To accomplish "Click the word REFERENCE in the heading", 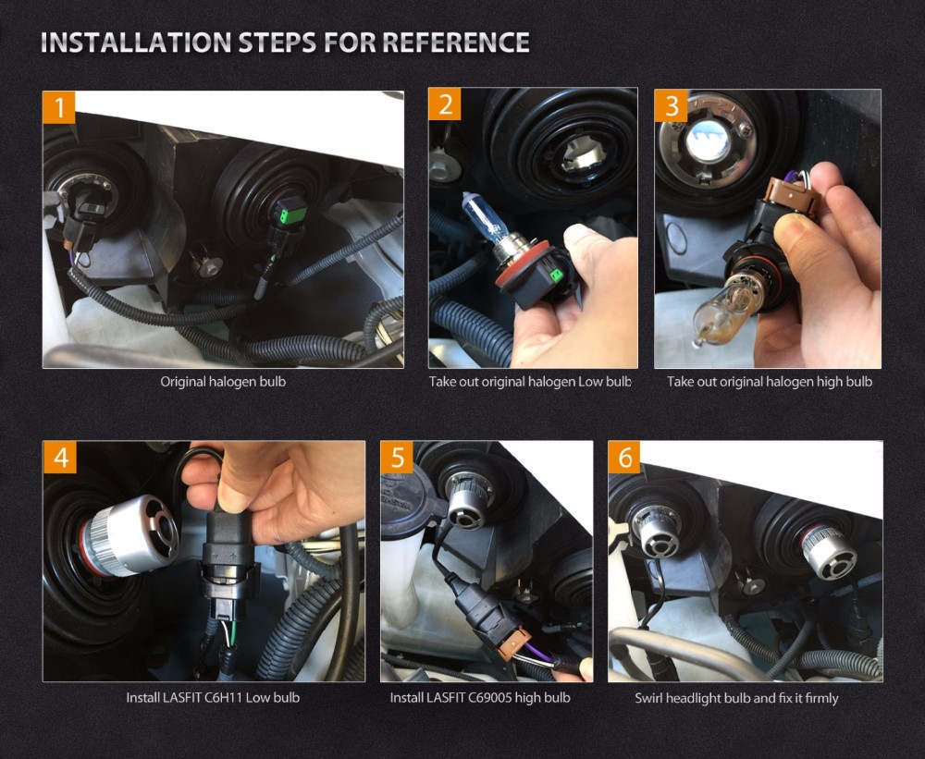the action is pos(456,43).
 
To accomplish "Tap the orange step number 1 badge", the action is pos(59,107).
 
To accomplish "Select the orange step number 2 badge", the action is pos(445,104).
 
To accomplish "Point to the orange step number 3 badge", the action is pos(672,105).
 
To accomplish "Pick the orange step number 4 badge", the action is pos(60,457).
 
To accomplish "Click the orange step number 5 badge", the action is pos(398,457).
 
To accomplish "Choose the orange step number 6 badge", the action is pos(624,457).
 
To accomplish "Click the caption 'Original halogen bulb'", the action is pos(223,382).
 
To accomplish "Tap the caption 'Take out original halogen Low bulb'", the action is pos(530,382).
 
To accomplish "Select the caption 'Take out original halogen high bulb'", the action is pos(770,382).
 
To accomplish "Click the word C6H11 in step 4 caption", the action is pos(223,698).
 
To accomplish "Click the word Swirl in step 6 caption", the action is pos(648,698).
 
